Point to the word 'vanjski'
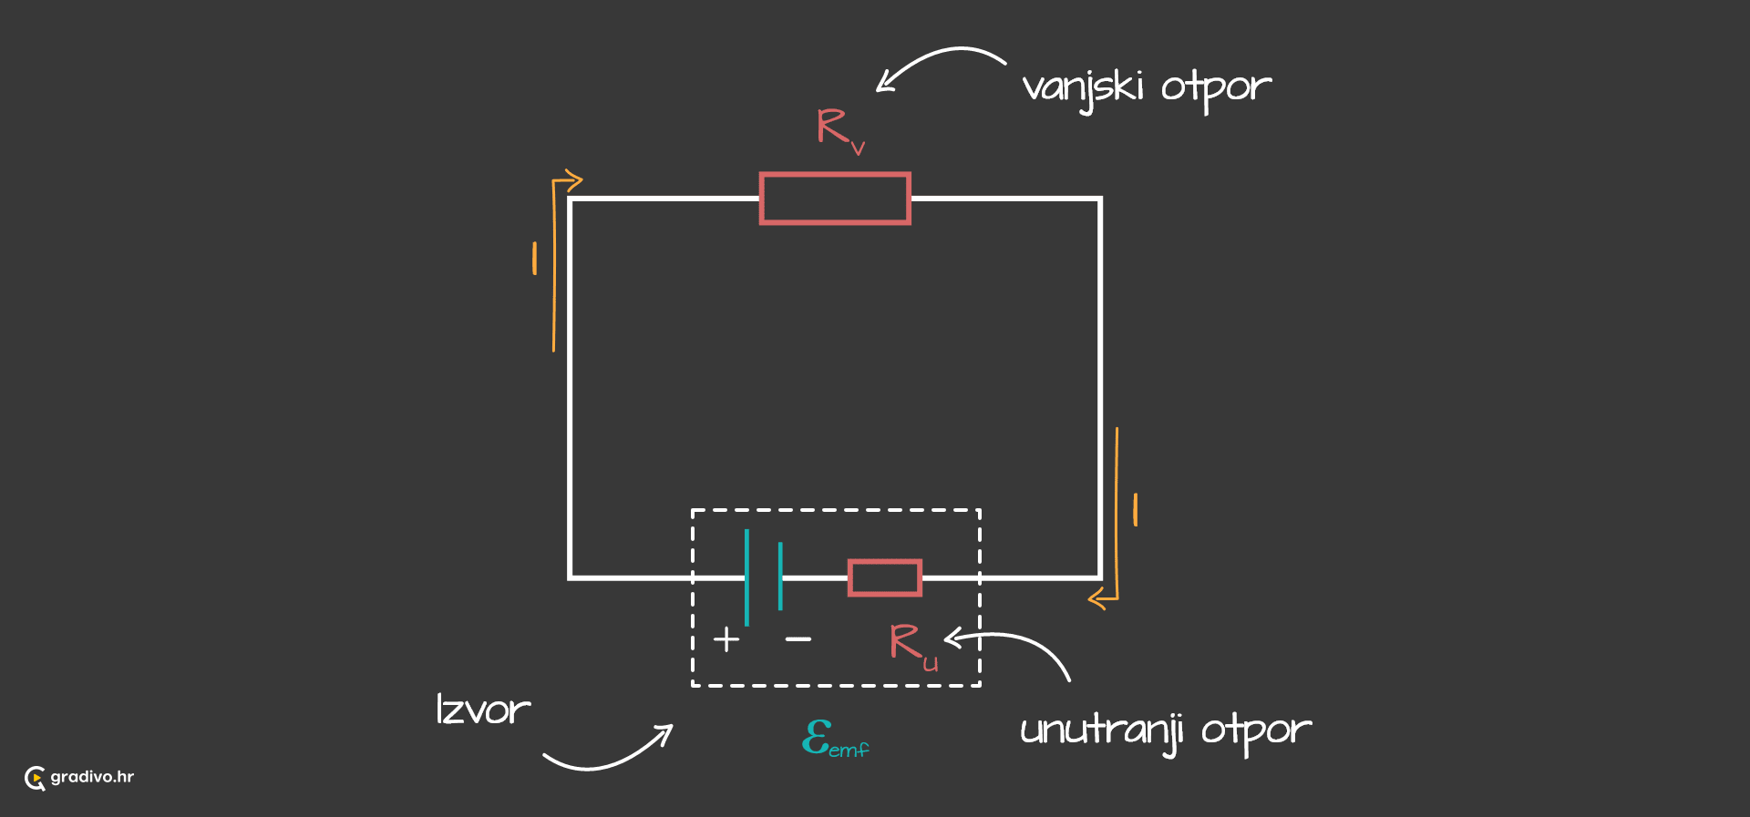pos(1083,89)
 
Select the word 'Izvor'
pos(483,710)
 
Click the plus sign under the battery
pos(726,639)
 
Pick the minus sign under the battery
pos(798,639)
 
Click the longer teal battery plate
pos(746,577)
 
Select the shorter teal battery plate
pos(780,577)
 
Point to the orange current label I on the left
pos(534,259)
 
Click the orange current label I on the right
pos(1135,510)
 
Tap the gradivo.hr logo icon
pos(35,778)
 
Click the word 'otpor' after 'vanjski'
pos(1216,89)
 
